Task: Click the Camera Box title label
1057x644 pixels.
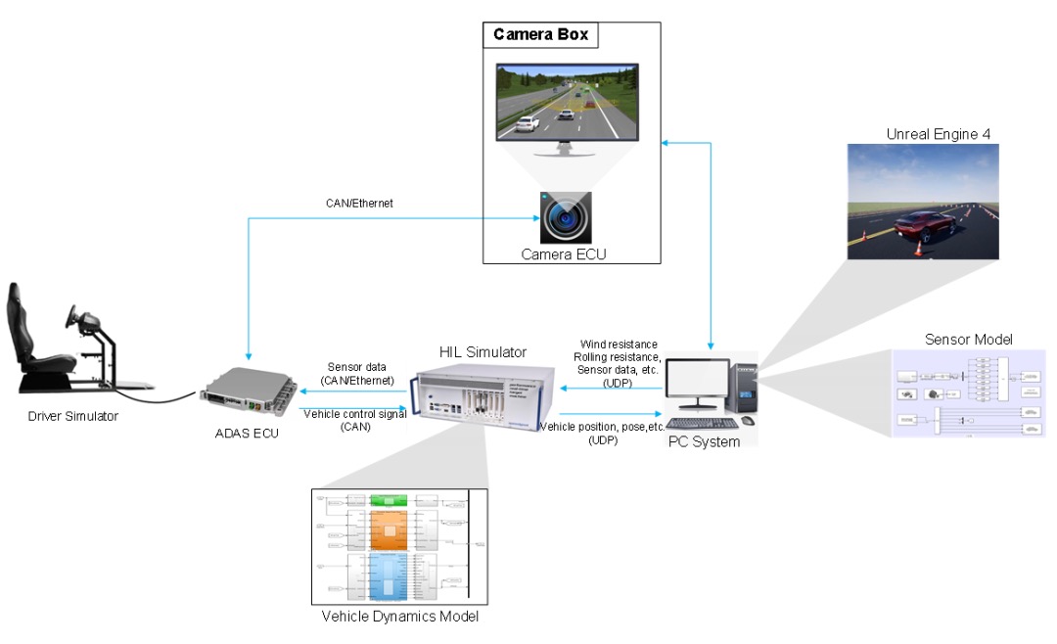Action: [x=540, y=35]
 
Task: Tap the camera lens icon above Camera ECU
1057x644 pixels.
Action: [x=566, y=216]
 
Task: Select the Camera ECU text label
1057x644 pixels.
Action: [x=566, y=253]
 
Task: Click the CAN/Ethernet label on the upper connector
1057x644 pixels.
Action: [x=358, y=204]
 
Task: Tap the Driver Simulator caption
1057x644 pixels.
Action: [x=73, y=417]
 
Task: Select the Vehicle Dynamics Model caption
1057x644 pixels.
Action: [x=400, y=617]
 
